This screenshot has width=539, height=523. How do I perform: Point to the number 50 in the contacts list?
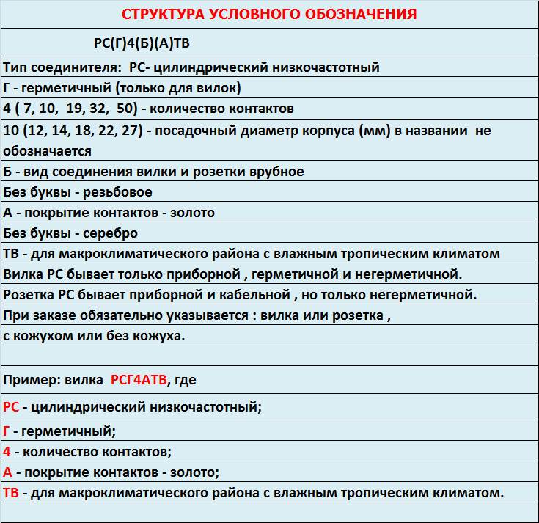click(x=126, y=109)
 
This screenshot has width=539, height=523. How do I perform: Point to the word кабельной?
click(x=254, y=295)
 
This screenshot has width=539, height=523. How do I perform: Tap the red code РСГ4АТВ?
click(x=139, y=380)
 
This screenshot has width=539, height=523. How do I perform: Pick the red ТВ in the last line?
click(x=11, y=492)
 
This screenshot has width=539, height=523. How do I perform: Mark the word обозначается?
click(x=46, y=151)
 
